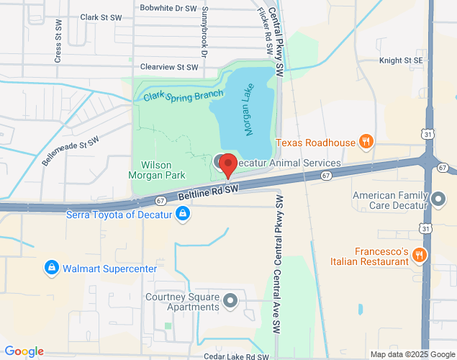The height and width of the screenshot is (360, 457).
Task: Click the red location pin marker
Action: (227, 165)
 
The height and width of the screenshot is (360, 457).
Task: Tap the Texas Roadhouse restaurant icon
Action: (366, 142)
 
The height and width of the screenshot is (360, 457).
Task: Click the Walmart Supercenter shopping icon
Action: (51, 269)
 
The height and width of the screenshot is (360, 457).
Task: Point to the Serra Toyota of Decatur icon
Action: (184, 214)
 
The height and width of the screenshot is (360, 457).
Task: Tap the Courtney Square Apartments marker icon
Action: (230, 300)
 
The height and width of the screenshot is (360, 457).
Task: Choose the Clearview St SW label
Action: (169, 67)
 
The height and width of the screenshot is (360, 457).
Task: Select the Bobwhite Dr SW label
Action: (168, 8)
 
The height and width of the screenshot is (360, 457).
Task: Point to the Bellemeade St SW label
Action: (69, 152)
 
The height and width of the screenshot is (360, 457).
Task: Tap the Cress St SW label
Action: (58, 47)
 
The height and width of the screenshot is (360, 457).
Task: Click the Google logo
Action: (24, 351)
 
